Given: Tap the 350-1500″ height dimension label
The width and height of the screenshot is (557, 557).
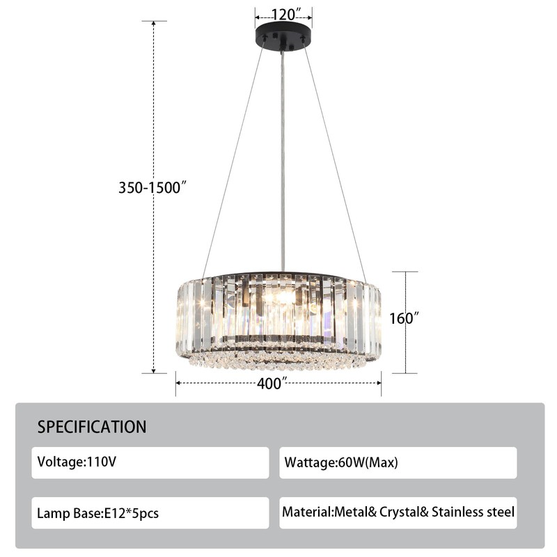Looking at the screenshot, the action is pos(153,187).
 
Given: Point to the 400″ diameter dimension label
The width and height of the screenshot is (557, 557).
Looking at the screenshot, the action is pos(272,384).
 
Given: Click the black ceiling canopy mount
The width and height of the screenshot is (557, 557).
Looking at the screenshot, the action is pos(283,38).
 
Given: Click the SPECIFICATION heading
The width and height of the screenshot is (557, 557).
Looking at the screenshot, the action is pos(92,427).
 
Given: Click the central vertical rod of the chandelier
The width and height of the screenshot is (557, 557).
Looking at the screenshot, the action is pos(283,160).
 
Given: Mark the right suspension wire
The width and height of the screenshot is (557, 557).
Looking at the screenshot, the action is pos(335,160).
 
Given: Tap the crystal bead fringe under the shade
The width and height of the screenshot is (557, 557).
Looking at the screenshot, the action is pos(278,361).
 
